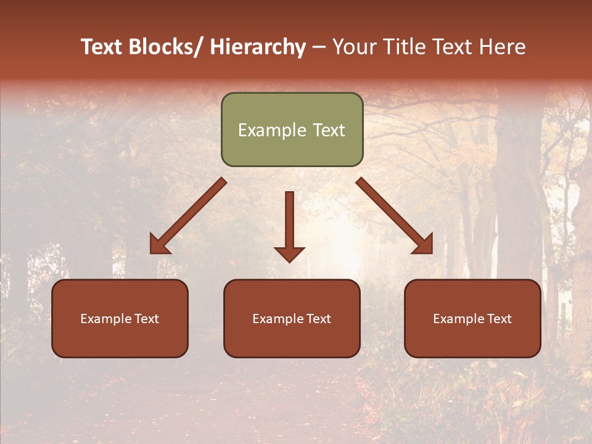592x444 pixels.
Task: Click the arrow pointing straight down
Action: (289, 222)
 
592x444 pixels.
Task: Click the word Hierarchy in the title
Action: (258, 47)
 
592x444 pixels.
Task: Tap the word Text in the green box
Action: (328, 131)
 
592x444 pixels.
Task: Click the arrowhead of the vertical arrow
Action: (289, 253)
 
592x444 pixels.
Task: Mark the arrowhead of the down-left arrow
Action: (158, 246)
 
